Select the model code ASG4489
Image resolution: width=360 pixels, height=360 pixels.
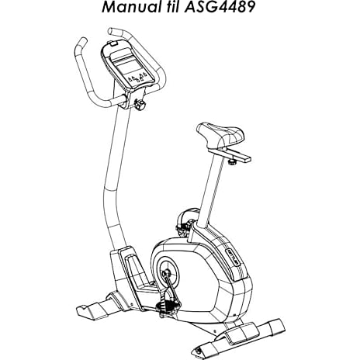click(220, 7)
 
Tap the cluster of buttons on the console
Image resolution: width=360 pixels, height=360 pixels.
click(137, 77)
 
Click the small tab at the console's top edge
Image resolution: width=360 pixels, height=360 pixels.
click(113, 43)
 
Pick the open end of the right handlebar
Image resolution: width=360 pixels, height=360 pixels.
click(110, 31)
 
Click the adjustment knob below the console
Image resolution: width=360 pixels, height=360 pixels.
click(140, 105)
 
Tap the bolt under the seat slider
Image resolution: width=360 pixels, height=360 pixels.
click(232, 162)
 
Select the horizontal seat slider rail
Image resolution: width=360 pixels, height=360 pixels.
click(229, 154)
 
